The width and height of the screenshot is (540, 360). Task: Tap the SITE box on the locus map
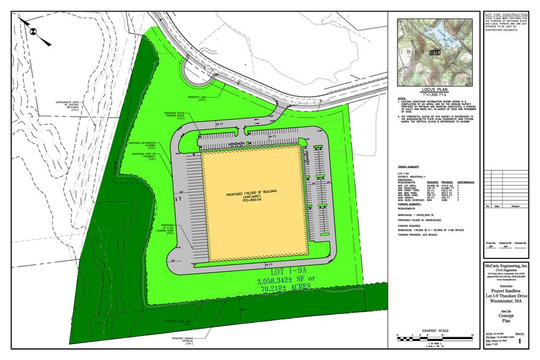435,53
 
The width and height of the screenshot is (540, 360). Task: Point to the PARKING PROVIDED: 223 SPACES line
419,234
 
